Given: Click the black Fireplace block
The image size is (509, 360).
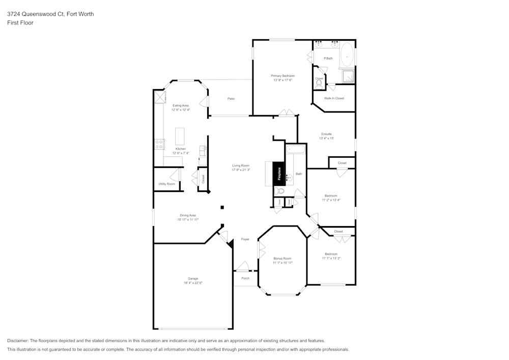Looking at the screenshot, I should tap(278, 174).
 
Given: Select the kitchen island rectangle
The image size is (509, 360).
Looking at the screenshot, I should tap(180, 136).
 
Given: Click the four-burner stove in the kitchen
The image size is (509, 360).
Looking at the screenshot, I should tap(159, 144).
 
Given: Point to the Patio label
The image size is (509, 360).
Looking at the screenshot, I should tap(231, 99).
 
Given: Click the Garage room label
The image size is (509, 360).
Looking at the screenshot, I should tap(193, 279).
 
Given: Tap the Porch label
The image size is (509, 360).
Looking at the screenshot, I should tap(245, 278).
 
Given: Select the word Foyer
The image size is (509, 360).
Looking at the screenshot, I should tap(245, 239).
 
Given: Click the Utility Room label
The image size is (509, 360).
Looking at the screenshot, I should tap(166, 184).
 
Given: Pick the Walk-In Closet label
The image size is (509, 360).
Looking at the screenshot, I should tap(334, 98).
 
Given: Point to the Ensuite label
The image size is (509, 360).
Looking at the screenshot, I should tap(326, 134).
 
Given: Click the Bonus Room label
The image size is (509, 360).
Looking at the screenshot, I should tap(282, 258).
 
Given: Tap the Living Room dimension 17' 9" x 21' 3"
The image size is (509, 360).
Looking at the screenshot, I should tap(241, 170).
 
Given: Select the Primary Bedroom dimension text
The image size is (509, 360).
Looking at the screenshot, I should tap(282, 80).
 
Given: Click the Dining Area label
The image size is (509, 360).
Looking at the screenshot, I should tap(188, 215).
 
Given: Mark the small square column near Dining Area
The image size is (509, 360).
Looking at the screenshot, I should tap(222, 207).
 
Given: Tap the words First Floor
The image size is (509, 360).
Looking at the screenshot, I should tap(20, 23).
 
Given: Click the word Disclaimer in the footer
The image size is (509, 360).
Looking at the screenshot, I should tap(18, 341).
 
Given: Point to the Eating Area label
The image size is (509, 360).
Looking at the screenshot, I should tap(180, 105).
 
